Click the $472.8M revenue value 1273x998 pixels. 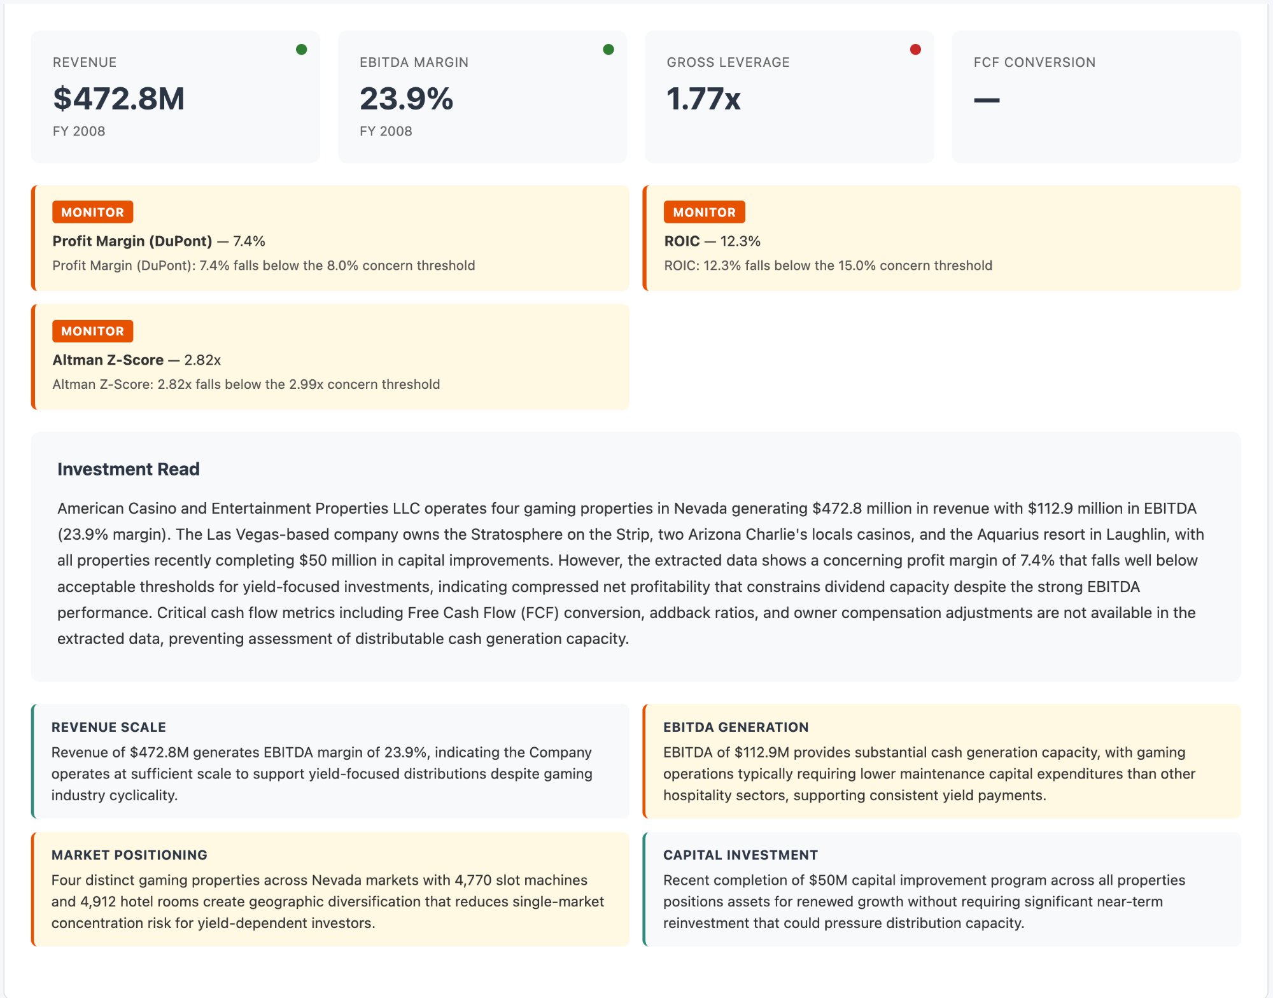119,99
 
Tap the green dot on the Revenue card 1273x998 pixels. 302,50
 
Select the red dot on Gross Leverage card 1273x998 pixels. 915,50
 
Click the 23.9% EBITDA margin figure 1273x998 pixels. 406,99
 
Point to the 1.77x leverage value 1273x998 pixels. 703,99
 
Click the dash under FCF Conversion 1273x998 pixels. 987,100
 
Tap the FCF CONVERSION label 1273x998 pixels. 1034,62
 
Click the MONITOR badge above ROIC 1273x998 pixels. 704,213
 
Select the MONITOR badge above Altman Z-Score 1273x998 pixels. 93,331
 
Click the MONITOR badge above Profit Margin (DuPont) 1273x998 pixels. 93,213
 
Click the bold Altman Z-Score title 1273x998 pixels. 108,360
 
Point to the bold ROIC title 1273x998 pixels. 682,241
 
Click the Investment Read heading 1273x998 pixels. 129,469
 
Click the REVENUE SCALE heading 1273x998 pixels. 109,727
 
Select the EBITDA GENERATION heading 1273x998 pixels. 736,727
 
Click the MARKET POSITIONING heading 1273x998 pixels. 130,855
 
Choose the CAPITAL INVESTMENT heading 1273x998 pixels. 740,855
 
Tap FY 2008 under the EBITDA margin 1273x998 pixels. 386,131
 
